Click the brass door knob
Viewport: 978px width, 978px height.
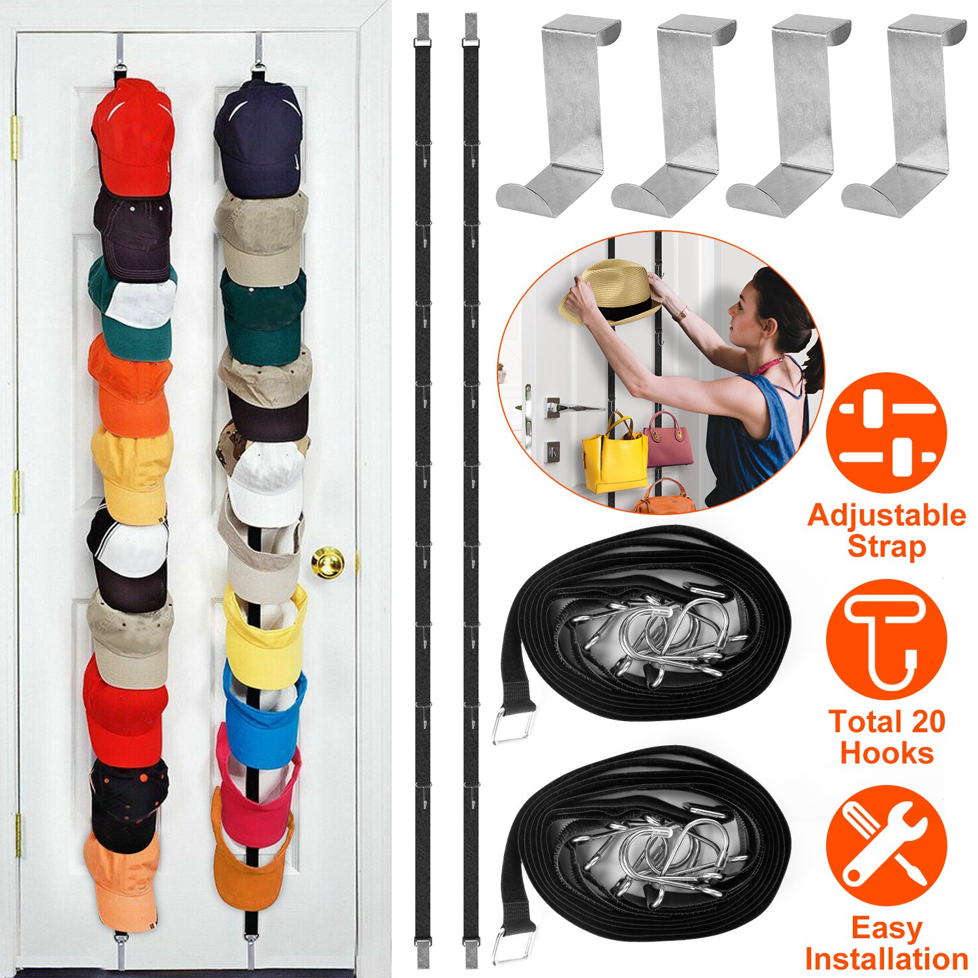[x=327, y=561]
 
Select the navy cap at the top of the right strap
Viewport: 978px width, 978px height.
[x=258, y=136]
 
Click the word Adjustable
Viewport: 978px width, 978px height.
[x=886, y=515]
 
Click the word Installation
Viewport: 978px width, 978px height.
[x=887, y=959]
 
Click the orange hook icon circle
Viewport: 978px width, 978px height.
[x=886, y=639]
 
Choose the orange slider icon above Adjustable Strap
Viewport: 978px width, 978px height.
[x=886, y=432]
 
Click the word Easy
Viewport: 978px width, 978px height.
[x=886, y=928]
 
